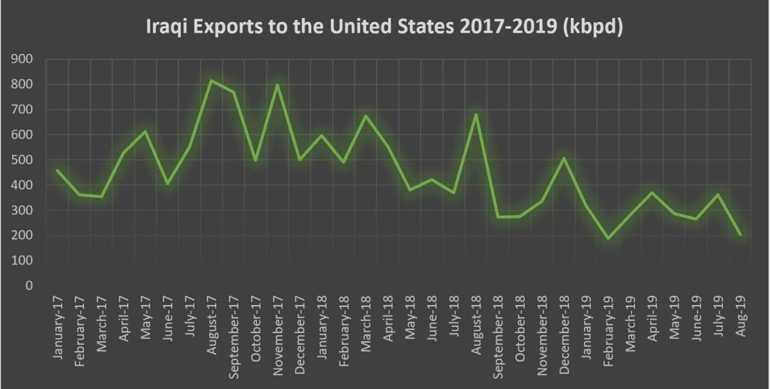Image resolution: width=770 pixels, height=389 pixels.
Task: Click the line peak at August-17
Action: (x=211, y=81)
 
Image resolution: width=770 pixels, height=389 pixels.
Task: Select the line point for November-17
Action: (x=277, y=85)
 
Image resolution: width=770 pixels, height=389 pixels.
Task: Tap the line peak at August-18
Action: (x=475, y=115)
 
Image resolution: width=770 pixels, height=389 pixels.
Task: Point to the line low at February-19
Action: (x=608, y=238)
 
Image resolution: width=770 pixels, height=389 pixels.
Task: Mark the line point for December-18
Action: (x=564, y=158)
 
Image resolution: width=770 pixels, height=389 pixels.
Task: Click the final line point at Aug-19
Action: (x=740, y=234)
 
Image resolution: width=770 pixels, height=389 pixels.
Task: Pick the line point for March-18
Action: (x=366, y=116)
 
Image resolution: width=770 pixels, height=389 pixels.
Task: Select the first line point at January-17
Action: (x=57, y=170)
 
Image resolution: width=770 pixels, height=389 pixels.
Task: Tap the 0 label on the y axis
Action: (x=30, y=286)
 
